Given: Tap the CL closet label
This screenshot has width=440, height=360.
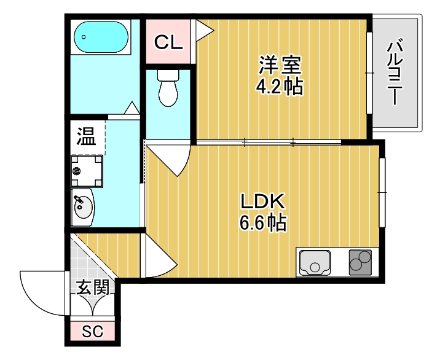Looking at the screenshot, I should (168, 42).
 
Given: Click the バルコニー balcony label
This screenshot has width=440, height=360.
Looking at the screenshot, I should (396, 72).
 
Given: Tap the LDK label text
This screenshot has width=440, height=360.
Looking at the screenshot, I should (262, 202).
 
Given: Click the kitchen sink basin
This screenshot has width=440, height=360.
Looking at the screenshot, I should (315, 263).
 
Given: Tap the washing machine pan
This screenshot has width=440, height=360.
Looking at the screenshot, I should (86, 170).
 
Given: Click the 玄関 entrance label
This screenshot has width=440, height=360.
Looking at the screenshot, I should (93, 286).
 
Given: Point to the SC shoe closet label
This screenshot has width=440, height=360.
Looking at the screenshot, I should (93, 332).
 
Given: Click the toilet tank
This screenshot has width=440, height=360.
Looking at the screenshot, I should (167, 76).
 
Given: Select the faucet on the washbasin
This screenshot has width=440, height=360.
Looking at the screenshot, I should (77, 200).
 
